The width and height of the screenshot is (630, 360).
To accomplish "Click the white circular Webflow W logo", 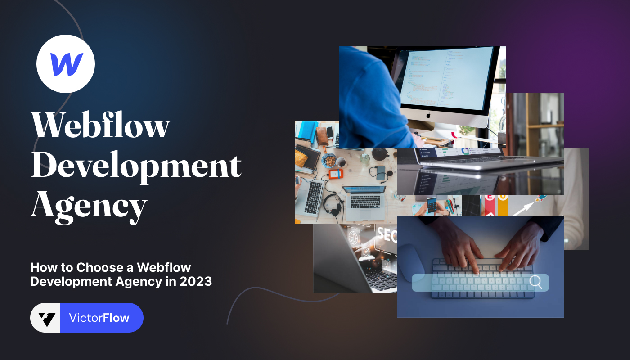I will point(66,64).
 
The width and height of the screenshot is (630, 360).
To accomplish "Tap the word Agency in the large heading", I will point(89,206).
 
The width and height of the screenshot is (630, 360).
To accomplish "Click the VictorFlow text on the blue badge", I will point(99,318).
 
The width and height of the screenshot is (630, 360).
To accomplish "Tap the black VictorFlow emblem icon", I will point(46,318).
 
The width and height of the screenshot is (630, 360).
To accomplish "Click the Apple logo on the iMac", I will point(428,115).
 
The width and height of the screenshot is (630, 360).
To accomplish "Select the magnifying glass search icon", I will point(535,282).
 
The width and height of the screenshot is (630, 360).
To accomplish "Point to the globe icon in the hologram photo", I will point(353,235).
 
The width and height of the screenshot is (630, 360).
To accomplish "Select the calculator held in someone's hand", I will point(432,206).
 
